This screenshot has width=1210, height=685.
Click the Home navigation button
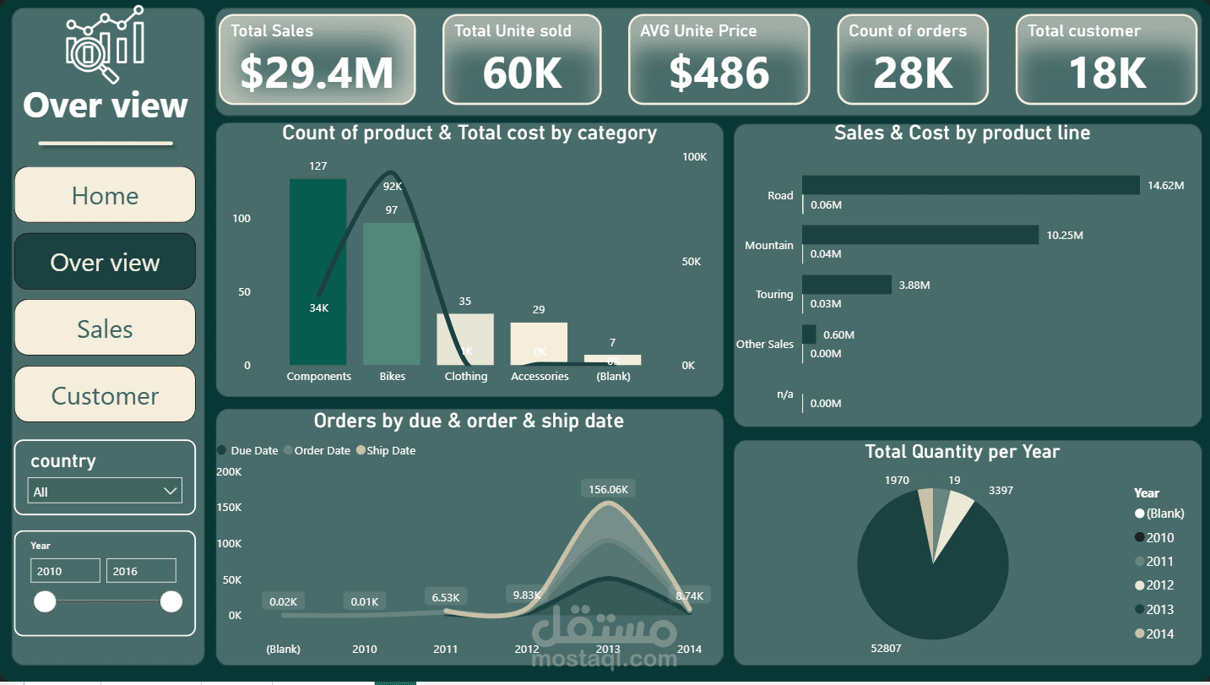point(105,195)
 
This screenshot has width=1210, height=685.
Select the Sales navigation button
point(105,329)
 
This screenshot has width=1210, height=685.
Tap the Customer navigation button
point(105,395)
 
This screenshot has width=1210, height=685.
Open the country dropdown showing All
point(106,491)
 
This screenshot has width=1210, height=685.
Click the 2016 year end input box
point(141,571)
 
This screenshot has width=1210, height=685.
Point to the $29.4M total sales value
point(317,73)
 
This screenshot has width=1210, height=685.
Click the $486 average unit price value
point(719,73)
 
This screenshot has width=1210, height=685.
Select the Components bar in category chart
point(317,271)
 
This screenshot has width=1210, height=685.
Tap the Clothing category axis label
point(466,376)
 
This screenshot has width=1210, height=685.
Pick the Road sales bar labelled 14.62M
point(970,185)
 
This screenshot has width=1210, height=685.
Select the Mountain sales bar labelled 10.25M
point(920,235)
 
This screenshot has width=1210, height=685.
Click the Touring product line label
point(774,295)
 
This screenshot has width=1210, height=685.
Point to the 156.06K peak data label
point(608,489)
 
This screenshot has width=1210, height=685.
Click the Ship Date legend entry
point(390,450)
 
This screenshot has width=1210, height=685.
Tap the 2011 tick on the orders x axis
point(445,649)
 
